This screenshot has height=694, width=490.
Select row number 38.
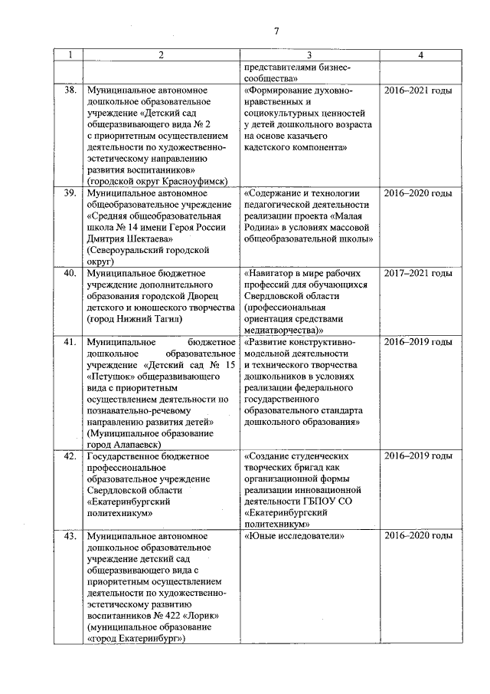[69, 90]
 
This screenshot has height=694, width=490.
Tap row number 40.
[69, 273]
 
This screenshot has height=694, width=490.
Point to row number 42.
[69, 456]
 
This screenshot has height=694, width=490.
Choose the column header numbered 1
[69, 55]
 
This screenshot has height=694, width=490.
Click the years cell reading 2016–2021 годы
[417, 90]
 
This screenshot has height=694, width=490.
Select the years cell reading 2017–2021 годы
[417, 273]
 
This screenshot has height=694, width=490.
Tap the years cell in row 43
[417, 536]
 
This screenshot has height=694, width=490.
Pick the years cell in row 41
[417, 341]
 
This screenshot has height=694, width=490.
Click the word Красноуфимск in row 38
[193, 180]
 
